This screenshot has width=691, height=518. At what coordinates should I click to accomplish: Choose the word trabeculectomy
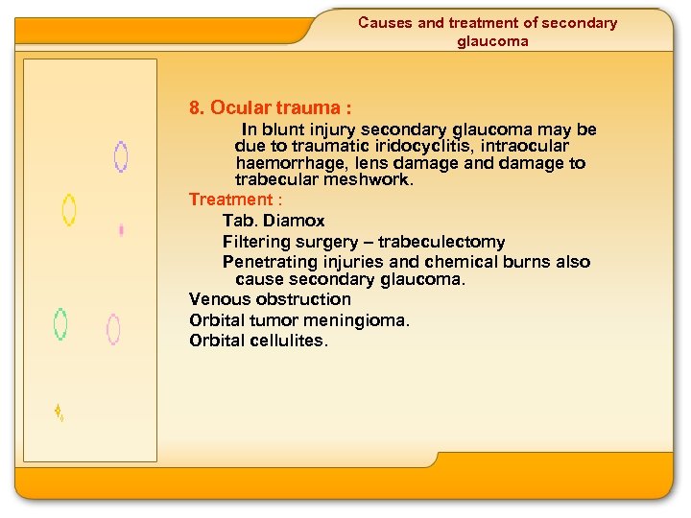441,242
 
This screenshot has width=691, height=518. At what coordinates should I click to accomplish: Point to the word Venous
217,299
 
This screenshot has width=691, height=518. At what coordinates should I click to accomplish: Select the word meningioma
365,320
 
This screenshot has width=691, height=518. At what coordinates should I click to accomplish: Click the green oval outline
60,324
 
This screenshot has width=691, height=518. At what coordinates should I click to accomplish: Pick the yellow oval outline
69,209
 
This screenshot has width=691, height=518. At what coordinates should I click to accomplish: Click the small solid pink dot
121,230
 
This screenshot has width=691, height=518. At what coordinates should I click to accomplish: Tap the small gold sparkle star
58,412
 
